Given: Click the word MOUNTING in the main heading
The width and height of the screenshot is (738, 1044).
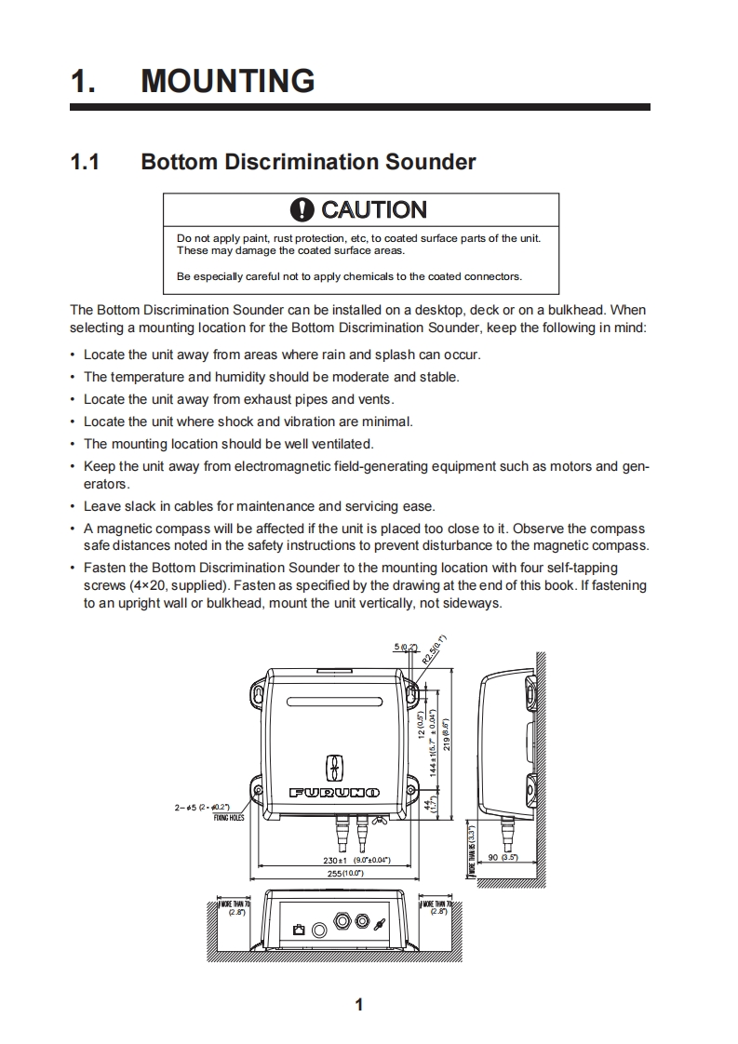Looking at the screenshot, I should point(227,82).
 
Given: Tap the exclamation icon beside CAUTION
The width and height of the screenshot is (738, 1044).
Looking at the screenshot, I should point(302,210).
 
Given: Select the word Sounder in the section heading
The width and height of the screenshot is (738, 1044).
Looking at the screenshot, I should point(433,162).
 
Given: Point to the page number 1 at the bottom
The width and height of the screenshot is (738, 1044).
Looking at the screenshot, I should point(358,1005).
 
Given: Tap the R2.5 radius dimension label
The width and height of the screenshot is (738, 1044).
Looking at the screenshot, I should point(436,649).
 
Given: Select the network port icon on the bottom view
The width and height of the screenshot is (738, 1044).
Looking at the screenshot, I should point(300,929).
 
